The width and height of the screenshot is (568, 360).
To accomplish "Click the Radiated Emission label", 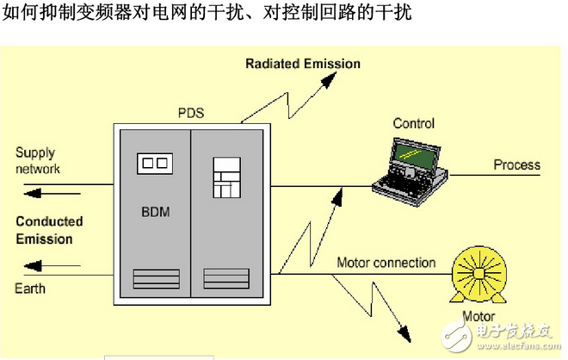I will [x=303, y=64].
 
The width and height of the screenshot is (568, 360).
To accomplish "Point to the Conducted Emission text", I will [x=49, y=230].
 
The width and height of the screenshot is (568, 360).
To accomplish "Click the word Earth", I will [x=30, y=289].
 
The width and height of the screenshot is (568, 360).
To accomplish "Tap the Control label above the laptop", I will [x=413, y=123].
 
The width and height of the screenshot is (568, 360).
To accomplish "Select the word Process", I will [x=516, y=164].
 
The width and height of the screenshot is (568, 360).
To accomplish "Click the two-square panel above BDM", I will [x=155, y=163].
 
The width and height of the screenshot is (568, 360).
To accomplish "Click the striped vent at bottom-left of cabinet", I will [x=154, y=280].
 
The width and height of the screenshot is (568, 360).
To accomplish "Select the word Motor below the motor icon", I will [x=479, y=316].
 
